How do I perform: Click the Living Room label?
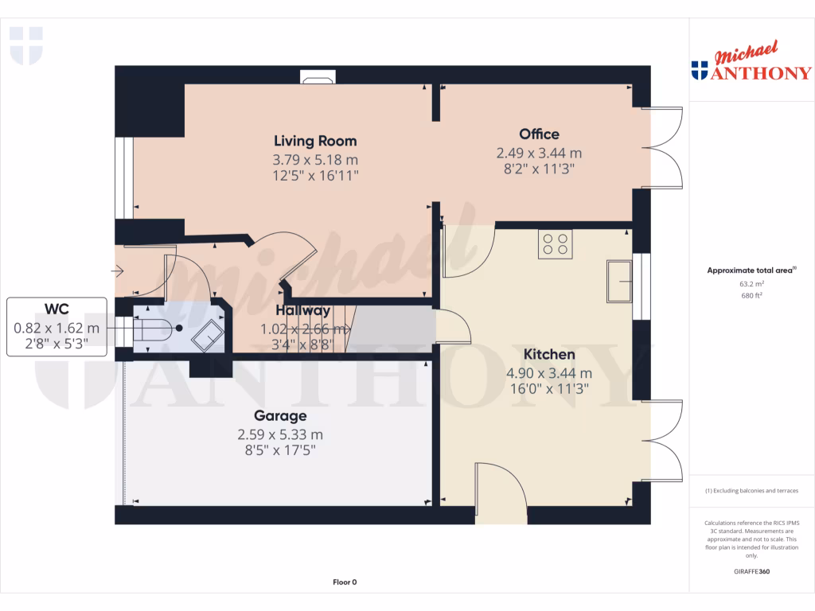[x=315, y=141]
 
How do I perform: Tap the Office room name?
[x=539, y=134]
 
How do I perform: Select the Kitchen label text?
[x=549, y=354]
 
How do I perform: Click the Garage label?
[x=280, y=415]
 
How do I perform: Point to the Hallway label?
[x=302, y=310]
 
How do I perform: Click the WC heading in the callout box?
[x=57, y=309]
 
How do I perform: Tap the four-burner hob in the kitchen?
[x=555, y=243]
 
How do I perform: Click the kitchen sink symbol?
[x=618, y=281]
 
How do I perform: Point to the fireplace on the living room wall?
[x=318, y=77]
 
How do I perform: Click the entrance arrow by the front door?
[x=118, y=272]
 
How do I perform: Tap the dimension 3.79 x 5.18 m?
[x=315, y=159]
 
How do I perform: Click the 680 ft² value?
[x=751, y=295]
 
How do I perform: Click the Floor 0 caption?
[x=345, y=582]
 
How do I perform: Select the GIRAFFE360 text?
[x=751, y=571]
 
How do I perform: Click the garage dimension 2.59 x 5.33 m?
[x=280, y=434]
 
